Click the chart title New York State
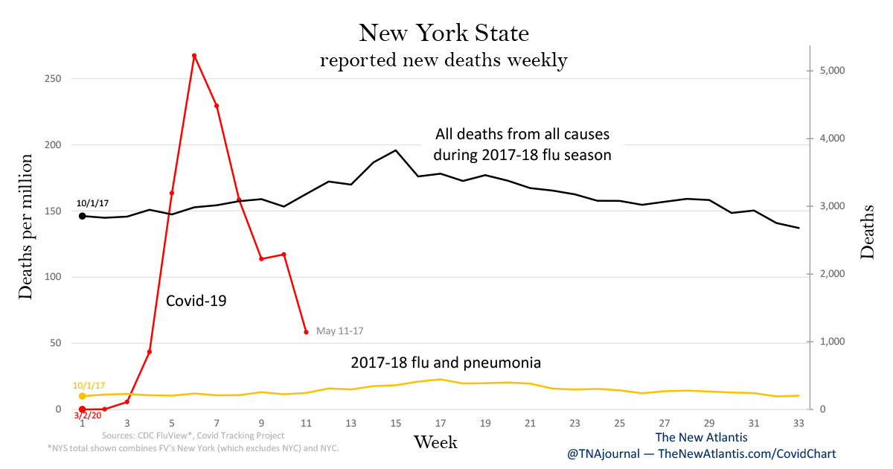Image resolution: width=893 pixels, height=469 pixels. [x=444, y=33]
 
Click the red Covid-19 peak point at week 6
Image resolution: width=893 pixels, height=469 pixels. [x=194, y=56]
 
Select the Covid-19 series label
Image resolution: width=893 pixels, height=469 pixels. [x=196, y=301]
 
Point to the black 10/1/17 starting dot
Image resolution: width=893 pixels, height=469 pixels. [x=82, y=216]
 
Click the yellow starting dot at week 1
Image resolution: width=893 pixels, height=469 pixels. [x=82, y=396]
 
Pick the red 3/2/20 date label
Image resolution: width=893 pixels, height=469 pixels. [x=87, y=415]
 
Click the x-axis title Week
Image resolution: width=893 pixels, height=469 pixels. [x=435, y=442]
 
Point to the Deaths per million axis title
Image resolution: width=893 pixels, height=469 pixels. [x=26, y=226]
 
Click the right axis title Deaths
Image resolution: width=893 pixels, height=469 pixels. [x=868, y=232]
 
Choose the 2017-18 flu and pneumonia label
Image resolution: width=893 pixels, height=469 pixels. [x=446, y=363]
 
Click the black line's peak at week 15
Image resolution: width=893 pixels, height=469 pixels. [x=396, y=150]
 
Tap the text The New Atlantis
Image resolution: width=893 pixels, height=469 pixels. [x=701, y=438]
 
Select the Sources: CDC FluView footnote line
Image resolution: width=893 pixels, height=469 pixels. [x=193, y=435]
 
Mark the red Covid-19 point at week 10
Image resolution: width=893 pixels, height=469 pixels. [x=284, y=254]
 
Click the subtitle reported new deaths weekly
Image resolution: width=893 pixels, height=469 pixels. [x=444, y=60]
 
